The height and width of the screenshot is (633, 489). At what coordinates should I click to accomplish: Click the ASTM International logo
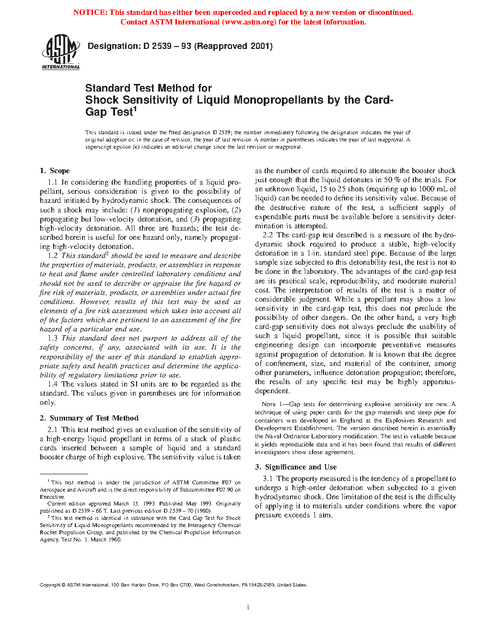coord(60,52)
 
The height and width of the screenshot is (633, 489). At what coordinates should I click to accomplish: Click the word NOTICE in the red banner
coord(90,12)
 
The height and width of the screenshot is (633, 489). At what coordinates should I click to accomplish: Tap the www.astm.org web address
coord(249,22)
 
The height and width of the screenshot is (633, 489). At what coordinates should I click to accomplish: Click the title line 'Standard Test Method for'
coord(148,88)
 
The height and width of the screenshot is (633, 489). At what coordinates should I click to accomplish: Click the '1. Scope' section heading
coord(55,171)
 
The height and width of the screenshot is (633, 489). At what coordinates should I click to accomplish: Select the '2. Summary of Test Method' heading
coord(89,418)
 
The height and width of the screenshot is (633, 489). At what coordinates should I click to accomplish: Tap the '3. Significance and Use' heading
coord(296,467)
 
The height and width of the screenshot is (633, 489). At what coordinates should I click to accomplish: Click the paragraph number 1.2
coord(53,256)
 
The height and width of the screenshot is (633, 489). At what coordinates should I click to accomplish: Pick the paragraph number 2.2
coord(268,235)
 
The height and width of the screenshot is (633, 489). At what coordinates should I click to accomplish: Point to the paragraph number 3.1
coord(268,479)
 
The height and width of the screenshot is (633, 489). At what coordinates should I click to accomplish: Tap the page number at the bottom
coord(248,608)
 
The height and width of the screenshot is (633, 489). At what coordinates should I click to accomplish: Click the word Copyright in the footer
coord(50,585)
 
